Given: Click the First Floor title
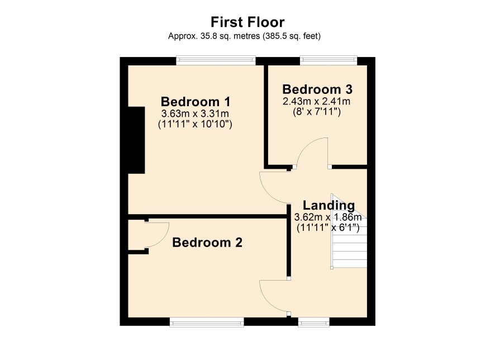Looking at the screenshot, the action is (247, 22).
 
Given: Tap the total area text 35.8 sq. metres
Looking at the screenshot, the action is (230, 36).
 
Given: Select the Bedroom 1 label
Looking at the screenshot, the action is (196, 102).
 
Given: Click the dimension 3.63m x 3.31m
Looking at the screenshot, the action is (195, 113).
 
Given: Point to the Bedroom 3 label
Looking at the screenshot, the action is (317, 89).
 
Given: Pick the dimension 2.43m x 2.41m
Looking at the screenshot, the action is (317, 101).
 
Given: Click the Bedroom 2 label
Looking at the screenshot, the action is (207, 243).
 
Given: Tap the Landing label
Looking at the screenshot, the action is (329, 205).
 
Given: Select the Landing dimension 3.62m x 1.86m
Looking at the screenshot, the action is (328, 217).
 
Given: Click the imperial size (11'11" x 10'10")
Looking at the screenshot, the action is (195, 124).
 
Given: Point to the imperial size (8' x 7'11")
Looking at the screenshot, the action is (317, 112).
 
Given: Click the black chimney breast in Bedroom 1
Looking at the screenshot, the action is (136, 140).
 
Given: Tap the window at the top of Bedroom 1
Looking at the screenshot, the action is (216, 60).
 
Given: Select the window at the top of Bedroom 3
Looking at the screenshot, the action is (329, 60).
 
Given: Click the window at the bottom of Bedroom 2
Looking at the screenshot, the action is (207, 322).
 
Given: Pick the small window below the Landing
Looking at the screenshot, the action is (314, 322).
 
